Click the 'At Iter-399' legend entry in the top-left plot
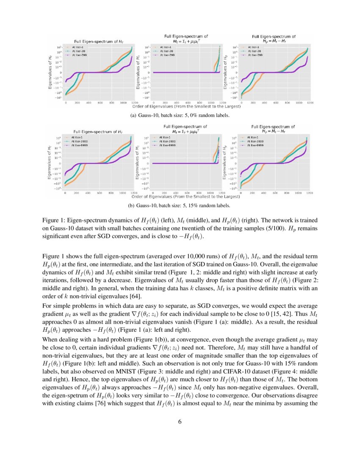click(x=81, y=55)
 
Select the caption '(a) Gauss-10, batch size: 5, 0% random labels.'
click(x=180, y=115)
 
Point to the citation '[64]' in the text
click(x=136, y=295)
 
